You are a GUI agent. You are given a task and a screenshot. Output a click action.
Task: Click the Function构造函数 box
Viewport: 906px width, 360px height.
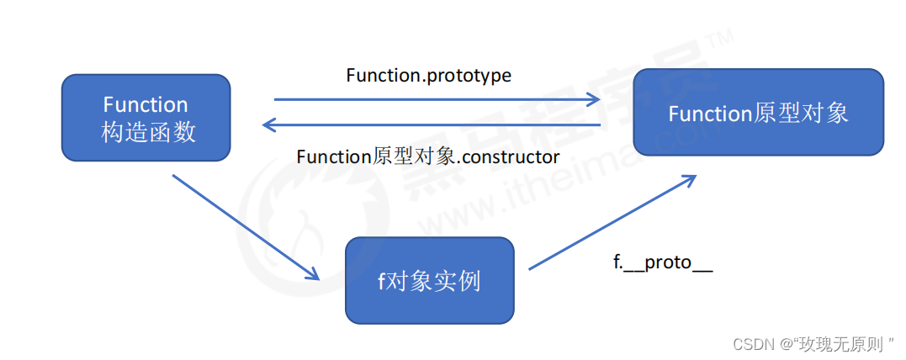pos(146,117)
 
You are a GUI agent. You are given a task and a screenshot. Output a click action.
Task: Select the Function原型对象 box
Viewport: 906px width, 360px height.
pos(759,112)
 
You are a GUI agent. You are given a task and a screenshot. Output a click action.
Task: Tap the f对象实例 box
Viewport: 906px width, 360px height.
pos(429,280)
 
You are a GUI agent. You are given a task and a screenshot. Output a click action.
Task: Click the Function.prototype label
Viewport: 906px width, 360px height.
pos(429,76)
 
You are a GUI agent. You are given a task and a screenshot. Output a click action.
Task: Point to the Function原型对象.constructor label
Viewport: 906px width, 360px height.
pos(428,156)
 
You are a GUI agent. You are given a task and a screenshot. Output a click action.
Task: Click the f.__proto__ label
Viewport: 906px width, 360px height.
pos(663,262)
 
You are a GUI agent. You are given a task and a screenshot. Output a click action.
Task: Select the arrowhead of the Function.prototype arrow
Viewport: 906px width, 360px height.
pos(593,99)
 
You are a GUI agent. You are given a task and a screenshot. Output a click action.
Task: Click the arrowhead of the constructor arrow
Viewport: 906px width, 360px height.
pos(270,124)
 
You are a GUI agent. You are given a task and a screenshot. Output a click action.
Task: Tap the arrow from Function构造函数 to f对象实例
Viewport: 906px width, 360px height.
pos(246,227)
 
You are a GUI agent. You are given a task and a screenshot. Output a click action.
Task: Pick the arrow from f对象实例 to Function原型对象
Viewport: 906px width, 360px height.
pos(612,222)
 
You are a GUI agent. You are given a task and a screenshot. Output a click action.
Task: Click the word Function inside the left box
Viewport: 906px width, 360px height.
pos(146,104)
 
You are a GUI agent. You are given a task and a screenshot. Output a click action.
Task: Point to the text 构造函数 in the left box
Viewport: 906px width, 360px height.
pos(149,132)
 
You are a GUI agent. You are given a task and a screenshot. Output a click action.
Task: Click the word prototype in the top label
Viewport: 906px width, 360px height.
pos(468,77)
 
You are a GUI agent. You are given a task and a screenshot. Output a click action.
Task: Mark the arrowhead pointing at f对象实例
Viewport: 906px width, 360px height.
pos(312,273)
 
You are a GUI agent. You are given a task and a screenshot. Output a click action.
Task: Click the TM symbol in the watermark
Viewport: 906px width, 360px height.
pos(724,36)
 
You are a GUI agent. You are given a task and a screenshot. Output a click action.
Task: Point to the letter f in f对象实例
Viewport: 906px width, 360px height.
pos(381,281)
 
